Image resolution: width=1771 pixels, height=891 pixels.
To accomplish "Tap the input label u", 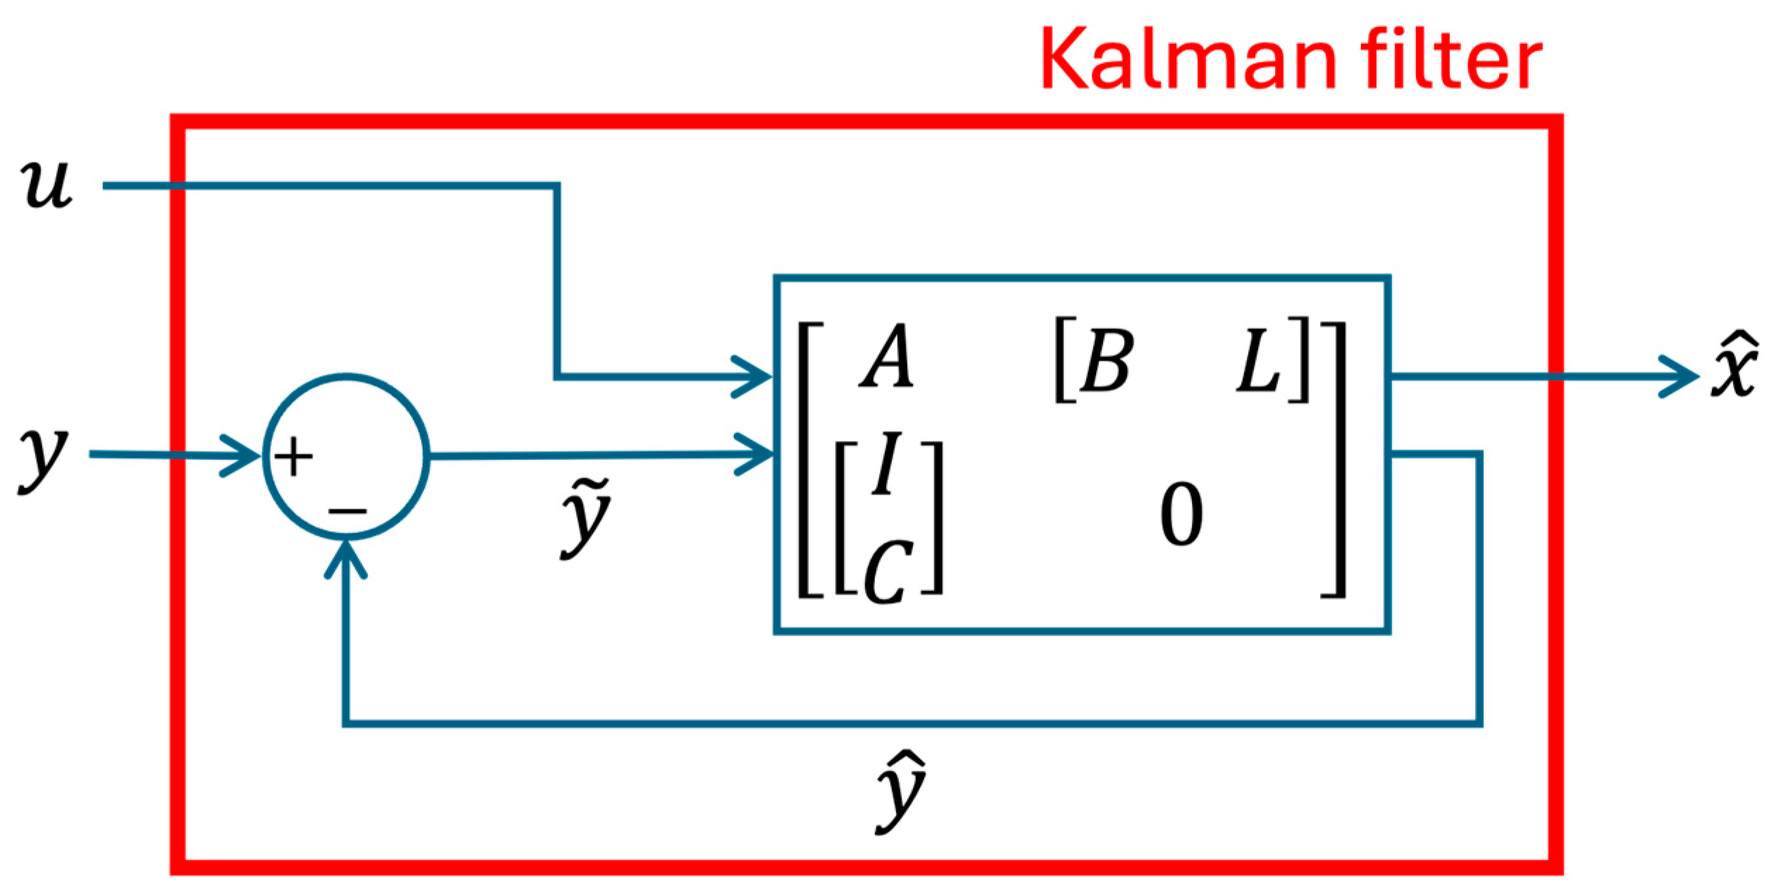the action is [46, 185].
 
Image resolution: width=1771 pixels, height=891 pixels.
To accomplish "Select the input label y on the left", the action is [43, 461].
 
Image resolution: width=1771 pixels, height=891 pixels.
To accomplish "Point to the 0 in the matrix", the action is [1182, 514].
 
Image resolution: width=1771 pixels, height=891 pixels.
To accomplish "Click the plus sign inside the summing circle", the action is [293, 457].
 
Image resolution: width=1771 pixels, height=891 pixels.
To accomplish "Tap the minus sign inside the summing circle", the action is [347, 511].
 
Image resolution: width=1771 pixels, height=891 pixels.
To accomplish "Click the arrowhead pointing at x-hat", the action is [1680, 377].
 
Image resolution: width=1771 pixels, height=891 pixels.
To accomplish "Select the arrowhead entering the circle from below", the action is [345, 559].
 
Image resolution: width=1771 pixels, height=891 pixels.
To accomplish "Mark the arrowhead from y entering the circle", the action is [242, 456].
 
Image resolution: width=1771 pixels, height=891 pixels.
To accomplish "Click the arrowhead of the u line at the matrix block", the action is [753, 377].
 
